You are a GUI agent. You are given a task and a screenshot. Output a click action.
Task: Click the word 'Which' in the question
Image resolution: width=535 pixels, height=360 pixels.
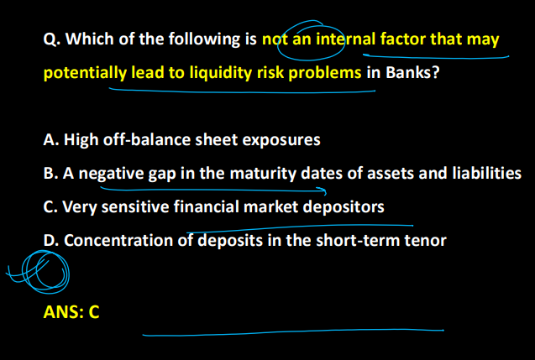[86, 39]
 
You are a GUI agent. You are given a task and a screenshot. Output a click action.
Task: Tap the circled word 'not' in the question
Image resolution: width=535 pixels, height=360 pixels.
[275, 39]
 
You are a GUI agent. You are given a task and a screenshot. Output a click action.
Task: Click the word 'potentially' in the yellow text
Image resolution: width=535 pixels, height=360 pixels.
[85, 73]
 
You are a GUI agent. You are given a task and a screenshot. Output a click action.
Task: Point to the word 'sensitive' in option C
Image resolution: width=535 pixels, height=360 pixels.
[134, 207]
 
